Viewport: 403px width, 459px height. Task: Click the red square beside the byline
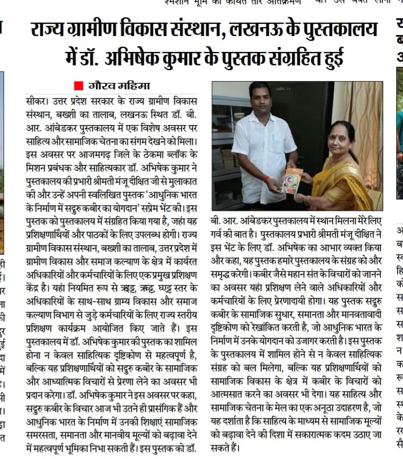[x=78, y=86]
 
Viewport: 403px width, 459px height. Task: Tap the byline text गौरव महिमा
[x=119, y=86]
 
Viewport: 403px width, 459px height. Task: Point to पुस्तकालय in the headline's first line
[x=336, y=30]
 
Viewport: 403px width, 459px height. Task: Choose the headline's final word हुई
[x=329, y=57]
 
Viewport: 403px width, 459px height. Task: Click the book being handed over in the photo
[x=292, y=180]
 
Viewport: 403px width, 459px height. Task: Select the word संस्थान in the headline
[x=186, y=30]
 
